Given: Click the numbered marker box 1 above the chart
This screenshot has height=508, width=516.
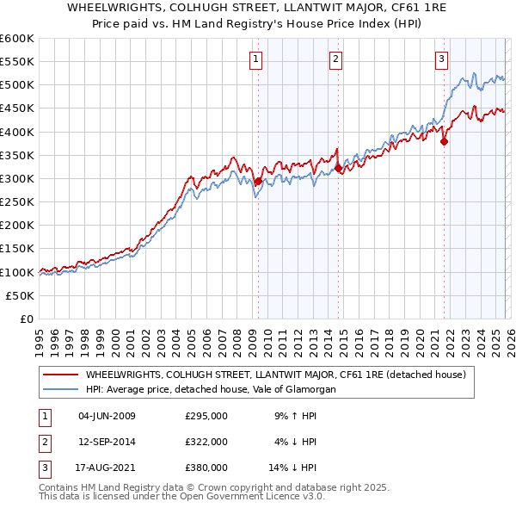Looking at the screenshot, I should point(257,59).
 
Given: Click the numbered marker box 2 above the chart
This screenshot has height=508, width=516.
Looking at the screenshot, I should point(335,59).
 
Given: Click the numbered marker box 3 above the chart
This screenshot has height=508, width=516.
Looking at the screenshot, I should point(441,59).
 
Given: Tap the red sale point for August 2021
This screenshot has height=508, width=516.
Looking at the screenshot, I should point(445,142).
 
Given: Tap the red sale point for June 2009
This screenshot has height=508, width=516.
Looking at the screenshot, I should point(258,181).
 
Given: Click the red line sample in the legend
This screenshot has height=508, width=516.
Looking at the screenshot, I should point(60,375).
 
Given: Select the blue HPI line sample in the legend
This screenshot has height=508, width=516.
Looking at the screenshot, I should point(60,389).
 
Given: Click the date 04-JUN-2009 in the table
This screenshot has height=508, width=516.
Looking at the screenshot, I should point(107,417).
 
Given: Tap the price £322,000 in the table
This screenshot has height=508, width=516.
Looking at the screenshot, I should point(206,442).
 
